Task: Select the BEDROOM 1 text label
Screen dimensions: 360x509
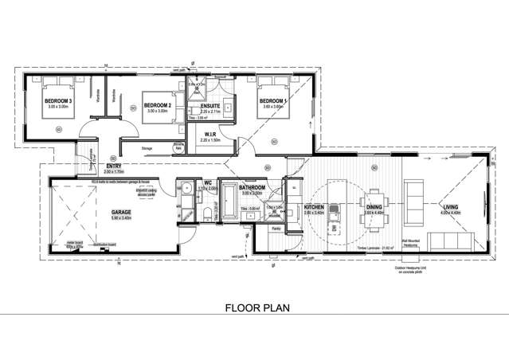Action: tap(274, 100)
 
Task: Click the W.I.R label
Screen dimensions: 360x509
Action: tap(211, 134)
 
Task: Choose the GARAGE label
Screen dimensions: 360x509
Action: tap(121, 211)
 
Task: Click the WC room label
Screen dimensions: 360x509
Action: tap(207, 182)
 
